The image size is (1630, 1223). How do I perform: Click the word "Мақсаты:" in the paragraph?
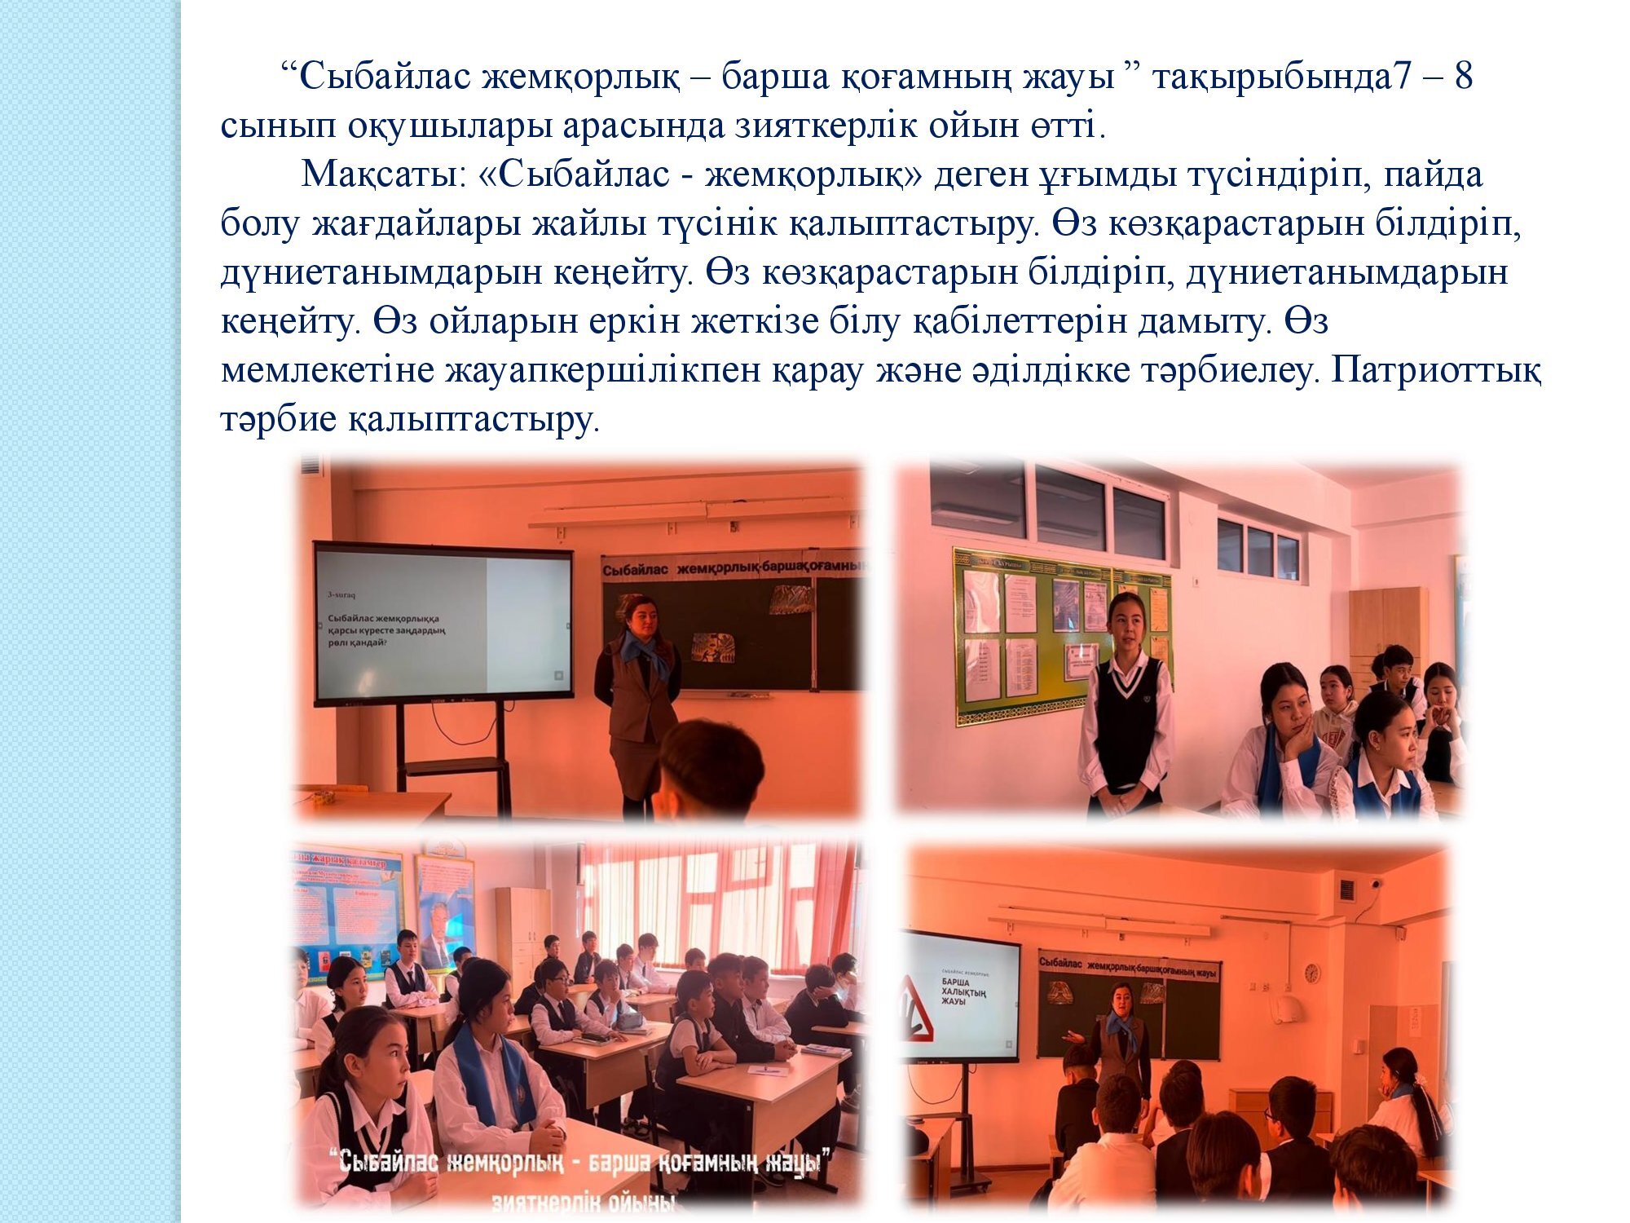coord(381,175)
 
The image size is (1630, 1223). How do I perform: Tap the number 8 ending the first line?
coord(1463,77)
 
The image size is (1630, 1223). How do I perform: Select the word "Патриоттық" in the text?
coord(1436,371)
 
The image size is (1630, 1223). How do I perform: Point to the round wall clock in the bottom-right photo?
coord(1311,973)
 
